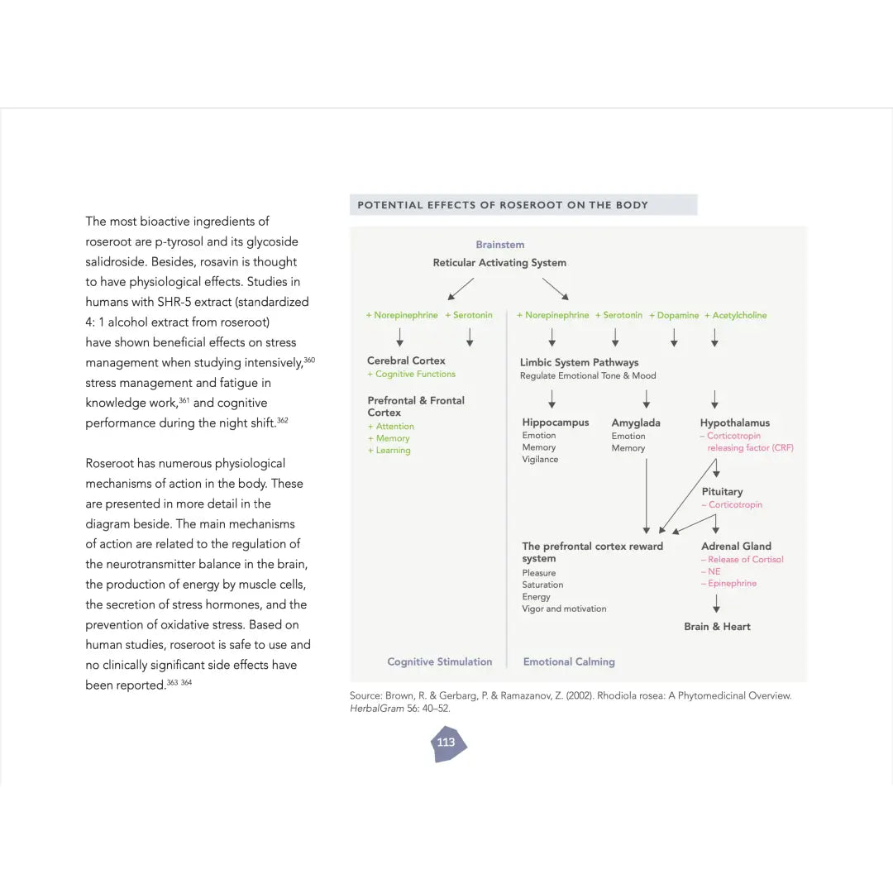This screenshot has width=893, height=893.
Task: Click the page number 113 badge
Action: (x=446, y=743)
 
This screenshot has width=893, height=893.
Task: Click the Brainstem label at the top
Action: (x=499, y=245)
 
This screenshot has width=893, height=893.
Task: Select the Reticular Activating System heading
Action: (x=499, y=263)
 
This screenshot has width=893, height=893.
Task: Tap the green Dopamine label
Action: (x=676, y=315)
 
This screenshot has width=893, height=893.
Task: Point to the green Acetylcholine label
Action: (x=737, y=315)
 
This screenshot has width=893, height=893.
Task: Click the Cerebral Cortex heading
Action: (x=406, y=361)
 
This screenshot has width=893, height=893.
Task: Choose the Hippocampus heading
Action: (x=556, y=423)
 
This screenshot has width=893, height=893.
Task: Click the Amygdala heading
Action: (x=636, y=423)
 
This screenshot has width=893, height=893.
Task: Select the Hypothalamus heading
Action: (x=734, y=423)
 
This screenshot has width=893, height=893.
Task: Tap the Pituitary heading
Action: (x=722, y=492)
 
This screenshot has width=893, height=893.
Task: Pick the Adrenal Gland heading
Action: (x=736, y=547)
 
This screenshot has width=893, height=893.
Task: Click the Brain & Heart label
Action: (x=717, y=627)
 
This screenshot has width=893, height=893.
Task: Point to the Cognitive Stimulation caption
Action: (x=439, y=661)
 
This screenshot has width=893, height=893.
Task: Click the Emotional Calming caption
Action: (x=569, y=661)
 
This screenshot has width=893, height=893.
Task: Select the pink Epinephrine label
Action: (x=731, y=584)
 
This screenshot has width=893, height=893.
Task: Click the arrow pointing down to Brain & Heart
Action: (x=716, y=604)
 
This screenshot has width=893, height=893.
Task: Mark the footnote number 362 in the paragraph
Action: (x=283, y=420)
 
